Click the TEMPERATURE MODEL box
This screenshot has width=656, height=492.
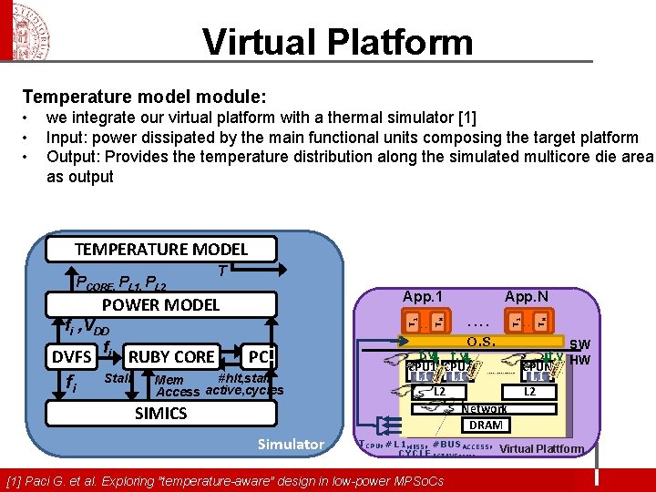(160, 249)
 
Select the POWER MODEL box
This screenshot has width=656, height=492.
(160, 304)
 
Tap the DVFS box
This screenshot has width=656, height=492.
(71, 356)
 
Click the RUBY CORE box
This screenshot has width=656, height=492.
(171, 356)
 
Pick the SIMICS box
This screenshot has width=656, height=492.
(160, 413)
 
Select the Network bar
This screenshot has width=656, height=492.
(483, 409)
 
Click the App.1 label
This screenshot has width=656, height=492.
(423, 296)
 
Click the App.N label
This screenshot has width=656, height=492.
(528, 296)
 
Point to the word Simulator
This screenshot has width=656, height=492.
(291, 445)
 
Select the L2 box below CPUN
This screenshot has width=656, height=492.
(528, 392)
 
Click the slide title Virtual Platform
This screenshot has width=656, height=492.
(337, 41)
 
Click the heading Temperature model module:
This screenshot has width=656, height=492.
(144, 97)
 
